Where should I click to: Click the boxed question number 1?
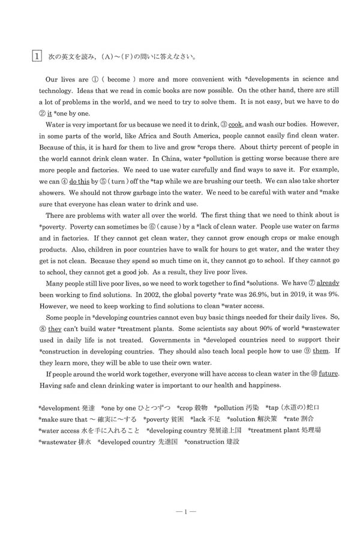pyautogui.click(x=37, y=57)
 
